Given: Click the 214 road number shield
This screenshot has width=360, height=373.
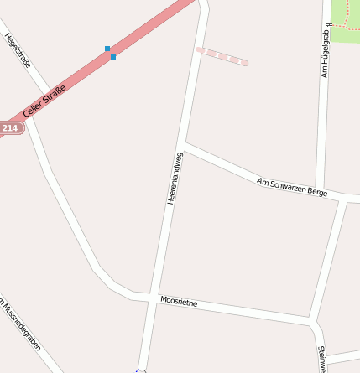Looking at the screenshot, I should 10,128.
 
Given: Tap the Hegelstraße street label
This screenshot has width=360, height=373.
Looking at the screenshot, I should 18,51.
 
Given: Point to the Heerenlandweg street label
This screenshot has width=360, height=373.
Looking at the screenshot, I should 175,178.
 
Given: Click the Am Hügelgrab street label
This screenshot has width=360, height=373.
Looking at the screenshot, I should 326,50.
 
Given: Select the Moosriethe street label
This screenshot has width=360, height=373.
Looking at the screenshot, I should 179,302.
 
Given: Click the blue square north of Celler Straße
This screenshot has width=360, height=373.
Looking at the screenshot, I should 107,49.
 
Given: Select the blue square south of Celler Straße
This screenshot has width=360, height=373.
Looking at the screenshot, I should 113,57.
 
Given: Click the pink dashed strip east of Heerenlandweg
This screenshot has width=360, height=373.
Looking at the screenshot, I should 222,56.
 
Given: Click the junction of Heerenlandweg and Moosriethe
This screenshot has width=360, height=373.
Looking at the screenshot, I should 154,298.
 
